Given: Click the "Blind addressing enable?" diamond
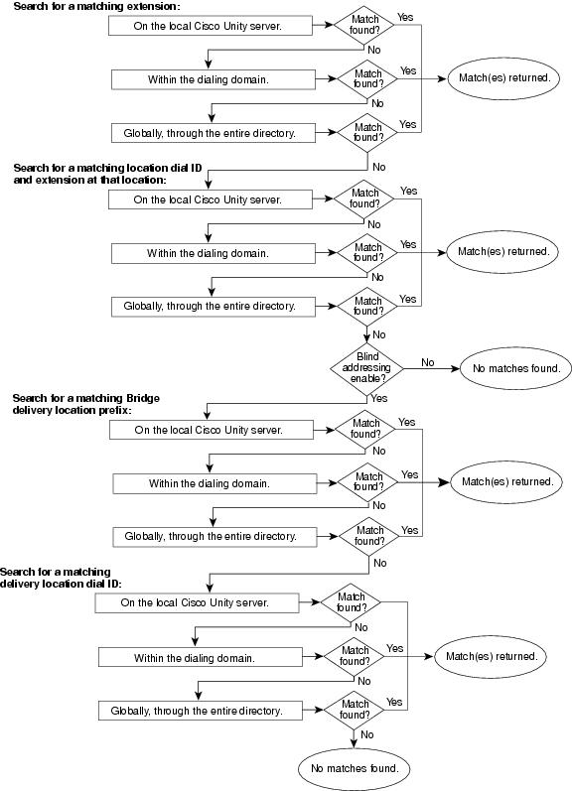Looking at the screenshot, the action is tap(366, 368).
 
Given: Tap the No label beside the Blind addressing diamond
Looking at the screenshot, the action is tap(428, 362).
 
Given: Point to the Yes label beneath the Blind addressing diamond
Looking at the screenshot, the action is tap(378, 398).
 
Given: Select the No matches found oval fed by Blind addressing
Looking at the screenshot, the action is tap(515, 368).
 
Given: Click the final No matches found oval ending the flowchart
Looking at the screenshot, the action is tap(355, 768).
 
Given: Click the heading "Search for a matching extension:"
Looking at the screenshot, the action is tap(96, 7).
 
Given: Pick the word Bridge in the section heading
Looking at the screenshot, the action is tap(143, 398).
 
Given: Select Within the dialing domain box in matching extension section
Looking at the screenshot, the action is tap(214, 79).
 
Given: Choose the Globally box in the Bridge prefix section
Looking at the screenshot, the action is tap(214, 536).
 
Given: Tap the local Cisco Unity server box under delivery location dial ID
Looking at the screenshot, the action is tap(197, 602).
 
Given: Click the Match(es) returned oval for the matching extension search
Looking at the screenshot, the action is tap(503, 78).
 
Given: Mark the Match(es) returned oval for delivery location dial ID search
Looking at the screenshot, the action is tap(491, 657).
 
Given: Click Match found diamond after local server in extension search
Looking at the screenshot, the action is tap(364, 25).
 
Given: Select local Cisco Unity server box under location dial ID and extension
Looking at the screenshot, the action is tap(210, 199).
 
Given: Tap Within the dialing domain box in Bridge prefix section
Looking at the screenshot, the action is tap(214, 483).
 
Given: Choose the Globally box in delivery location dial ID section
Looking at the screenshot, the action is tap(200, 711).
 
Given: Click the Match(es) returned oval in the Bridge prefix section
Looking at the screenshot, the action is tap(506, 481).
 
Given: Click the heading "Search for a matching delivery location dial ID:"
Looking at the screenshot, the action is tap(61, 578).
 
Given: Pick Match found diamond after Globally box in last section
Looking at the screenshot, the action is tap(354, 710).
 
